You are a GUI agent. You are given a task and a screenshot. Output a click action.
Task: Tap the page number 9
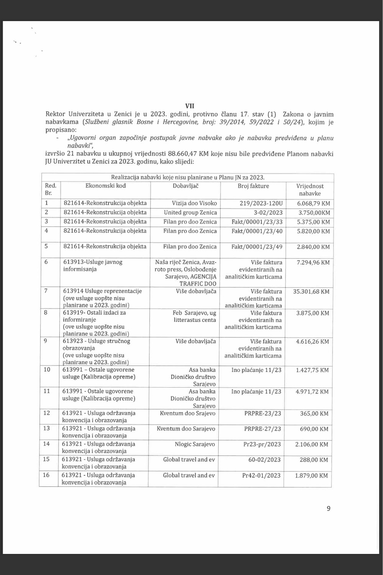pos(328,509)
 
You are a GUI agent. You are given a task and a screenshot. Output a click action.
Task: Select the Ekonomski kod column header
pos(105,186)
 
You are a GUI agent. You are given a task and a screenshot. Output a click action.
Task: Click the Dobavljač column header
pos(186,186)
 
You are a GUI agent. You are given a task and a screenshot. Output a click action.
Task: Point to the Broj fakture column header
pos(253,186)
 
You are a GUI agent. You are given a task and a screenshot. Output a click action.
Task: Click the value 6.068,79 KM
pos(313,203)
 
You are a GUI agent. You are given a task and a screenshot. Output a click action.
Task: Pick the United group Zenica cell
pos(190,212)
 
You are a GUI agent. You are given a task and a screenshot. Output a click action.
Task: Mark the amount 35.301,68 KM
pos(311,292)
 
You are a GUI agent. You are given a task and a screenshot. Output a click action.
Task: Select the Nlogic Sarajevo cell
pos(196,444)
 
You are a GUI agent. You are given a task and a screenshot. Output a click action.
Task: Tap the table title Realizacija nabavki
pos(188,177)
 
